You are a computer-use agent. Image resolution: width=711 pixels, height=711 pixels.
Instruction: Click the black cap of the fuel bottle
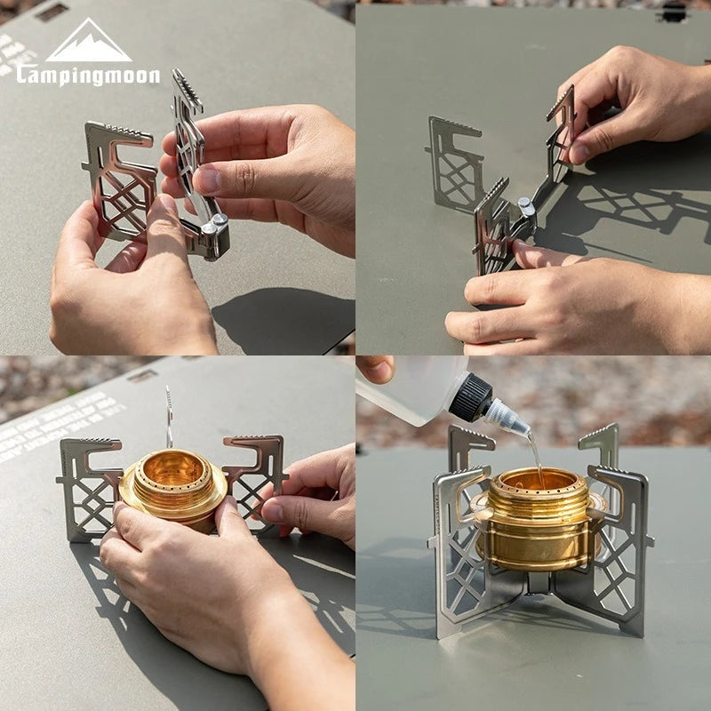point(471,396)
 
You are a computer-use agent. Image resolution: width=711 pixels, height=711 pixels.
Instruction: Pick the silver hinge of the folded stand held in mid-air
point(213,230)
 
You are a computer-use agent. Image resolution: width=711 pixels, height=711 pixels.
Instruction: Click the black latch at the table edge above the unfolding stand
point(672,12)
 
